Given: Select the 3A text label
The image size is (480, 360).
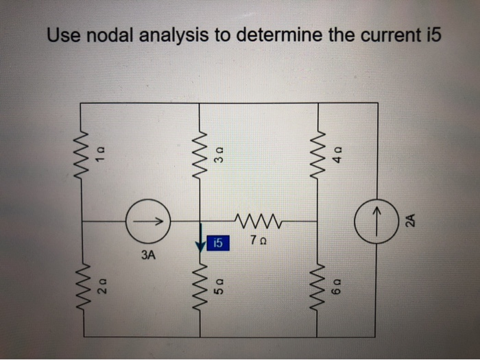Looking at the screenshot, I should pyautogui.click(x=147, y=256).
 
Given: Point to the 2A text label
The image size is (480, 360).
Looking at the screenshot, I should pyautogui.click(x=409, y=221).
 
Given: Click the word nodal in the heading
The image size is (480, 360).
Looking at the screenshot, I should pyautogui.click(x=106, y=35).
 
